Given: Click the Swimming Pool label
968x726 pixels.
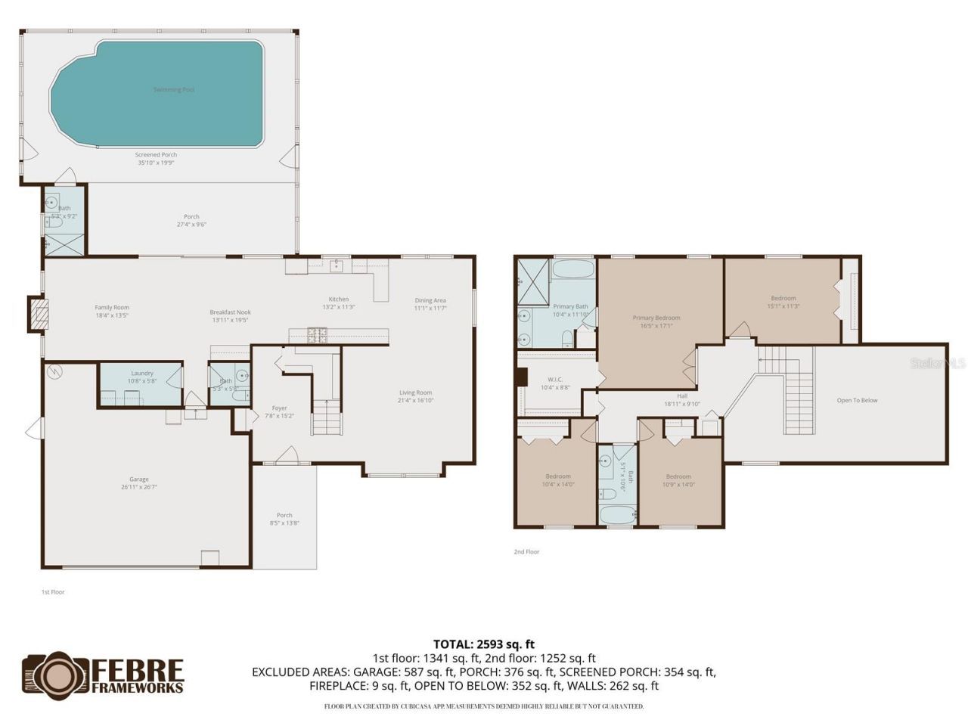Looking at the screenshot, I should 174,90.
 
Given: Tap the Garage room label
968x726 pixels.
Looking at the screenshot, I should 139,479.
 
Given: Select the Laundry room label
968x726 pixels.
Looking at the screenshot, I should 142,373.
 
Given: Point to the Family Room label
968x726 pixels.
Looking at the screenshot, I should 112,308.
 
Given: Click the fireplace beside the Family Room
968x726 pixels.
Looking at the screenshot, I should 38,314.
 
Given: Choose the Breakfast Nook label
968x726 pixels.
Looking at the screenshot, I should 231,312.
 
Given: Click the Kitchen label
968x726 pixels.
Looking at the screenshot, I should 339,299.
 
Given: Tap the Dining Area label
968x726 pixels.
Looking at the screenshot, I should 430,300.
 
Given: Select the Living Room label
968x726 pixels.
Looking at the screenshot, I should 415,392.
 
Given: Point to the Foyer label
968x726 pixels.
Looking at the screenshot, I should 280,408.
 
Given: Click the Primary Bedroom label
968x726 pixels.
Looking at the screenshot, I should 656,318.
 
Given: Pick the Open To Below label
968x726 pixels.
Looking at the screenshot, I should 858,400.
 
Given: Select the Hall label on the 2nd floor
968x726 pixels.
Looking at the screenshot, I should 682,396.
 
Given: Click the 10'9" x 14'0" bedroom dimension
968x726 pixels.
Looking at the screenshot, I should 678,485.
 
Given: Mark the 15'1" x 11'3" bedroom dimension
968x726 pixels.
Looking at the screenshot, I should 783,306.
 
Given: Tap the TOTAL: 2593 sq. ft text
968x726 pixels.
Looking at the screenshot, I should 484,644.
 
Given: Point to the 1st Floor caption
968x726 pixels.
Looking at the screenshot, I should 53,592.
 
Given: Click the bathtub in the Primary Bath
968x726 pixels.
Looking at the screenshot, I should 573,269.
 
